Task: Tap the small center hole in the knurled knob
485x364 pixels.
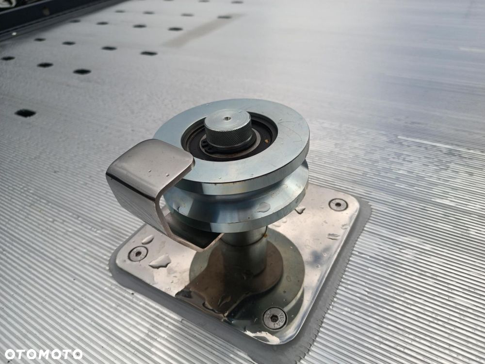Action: pyautogui.click(x=227, y=118)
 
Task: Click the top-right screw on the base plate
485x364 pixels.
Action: pyautogui.click(x=338, y=205)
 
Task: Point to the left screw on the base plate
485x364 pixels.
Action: pyautogui.click(x=138, y=253)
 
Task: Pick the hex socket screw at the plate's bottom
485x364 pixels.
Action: pyautogui.click(x=275, y=318)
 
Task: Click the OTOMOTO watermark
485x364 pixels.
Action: pyautogui.click(x=43, y=354)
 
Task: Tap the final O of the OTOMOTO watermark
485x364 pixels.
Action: pyautogui.click(x=77, y=354)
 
